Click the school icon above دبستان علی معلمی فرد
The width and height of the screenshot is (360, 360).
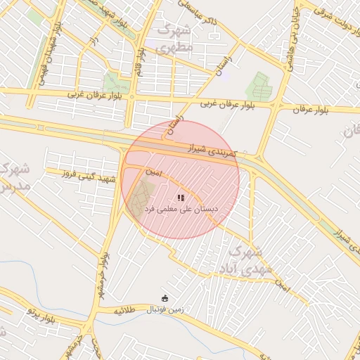pyautogui.click(x=181, y=198)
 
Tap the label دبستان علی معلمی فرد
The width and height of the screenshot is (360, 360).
pyautogui.click(x=181, y=210)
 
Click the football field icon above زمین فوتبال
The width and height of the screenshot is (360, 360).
pyautogui.click(x=165, y=297)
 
